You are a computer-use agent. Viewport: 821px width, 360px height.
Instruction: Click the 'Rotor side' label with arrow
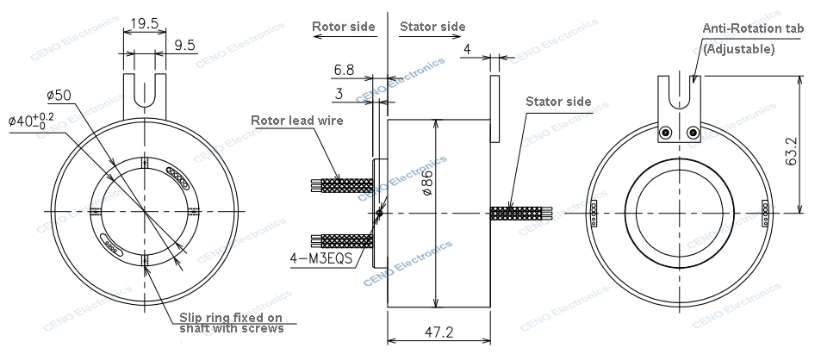[344, 27]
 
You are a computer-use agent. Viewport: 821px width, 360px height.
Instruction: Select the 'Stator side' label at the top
[432, 27]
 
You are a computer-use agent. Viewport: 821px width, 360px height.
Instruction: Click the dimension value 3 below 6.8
[339, 92]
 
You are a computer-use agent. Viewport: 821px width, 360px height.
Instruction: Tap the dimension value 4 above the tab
[466, 50]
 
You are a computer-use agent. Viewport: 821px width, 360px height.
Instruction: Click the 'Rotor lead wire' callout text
[296, 121]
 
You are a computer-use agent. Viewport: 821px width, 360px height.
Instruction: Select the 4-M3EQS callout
[326, 257]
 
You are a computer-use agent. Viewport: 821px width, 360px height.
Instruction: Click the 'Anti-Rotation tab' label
[752, 28]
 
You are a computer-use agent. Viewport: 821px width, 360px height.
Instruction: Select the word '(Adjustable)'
[739, 49]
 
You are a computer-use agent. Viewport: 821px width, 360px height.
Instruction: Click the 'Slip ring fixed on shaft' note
[231, 321]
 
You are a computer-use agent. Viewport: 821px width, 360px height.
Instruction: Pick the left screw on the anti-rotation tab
[665, 133]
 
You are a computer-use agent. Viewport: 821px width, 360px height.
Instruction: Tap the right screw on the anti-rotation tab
[693, 133]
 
